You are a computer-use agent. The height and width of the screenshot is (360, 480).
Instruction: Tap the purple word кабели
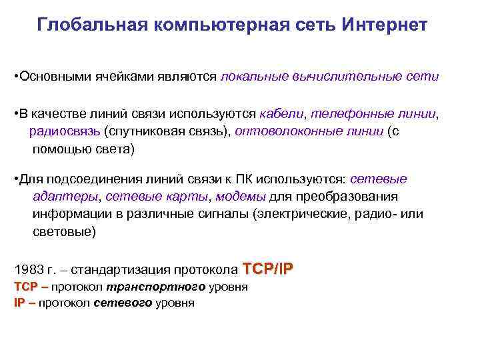tap(281, 115)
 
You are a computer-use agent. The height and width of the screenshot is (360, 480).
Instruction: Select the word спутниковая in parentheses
tap(151, 131)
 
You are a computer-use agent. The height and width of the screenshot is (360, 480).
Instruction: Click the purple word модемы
tap(241, 197)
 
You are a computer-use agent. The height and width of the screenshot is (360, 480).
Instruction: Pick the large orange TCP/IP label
tap(268, 269)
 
